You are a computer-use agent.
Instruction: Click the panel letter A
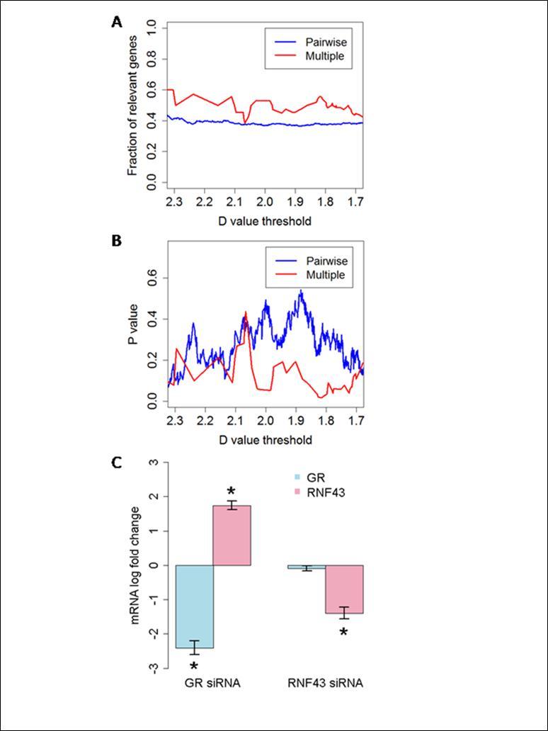coord(117,22)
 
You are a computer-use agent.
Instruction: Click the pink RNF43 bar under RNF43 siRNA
coord(344,589)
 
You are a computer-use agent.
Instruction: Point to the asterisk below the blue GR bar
coord(194,667)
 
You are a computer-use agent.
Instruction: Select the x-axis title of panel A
coord(265,221)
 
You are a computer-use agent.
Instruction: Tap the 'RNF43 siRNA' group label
coord(325,684)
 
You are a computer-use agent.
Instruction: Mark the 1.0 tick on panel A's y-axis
coord(151,28)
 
